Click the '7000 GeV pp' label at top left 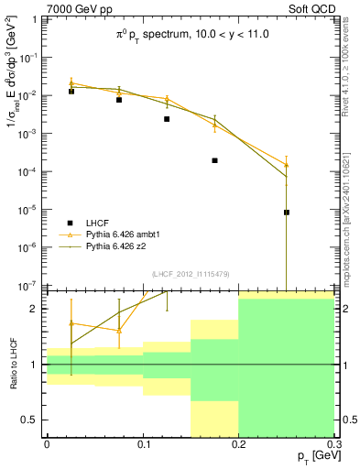[72, 8]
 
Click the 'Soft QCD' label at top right [311, 8]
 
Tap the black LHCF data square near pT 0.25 [287, 213]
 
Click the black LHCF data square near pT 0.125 [167, 119]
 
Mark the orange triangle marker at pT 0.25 [287, 165]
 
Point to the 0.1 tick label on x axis [143, 443]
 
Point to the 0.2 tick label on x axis [239, 443]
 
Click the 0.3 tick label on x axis [333, 443]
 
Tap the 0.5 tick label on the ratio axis [30, 420]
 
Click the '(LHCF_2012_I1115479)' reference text [191, 273]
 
